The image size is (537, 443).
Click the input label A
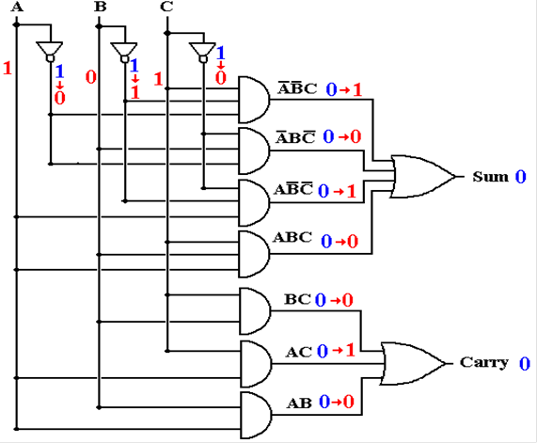point(17,7)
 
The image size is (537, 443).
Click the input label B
point(100,7)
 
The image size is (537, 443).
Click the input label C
point(166,7)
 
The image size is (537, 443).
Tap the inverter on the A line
point(50,52)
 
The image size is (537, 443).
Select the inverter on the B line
point(124,53)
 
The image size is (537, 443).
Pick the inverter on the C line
point(203,53)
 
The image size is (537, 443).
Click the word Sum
point(491,177)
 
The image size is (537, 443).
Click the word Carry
point(484,362)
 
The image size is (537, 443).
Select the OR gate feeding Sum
point(425,177)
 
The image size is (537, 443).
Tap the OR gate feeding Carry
point(414,363)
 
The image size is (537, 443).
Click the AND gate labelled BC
point(255,311)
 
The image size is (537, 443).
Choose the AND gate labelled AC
point(256,364)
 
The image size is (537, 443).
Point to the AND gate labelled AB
point(256,415)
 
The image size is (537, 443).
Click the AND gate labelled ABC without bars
point(254,254)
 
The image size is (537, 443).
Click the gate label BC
point(297,299)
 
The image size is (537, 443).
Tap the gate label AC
point(299,352)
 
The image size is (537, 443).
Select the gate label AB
point(299,403)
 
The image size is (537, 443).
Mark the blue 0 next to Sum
point(521,177)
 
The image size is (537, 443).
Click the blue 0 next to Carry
point(525,363)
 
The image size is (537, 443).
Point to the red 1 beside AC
point(350,350)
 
